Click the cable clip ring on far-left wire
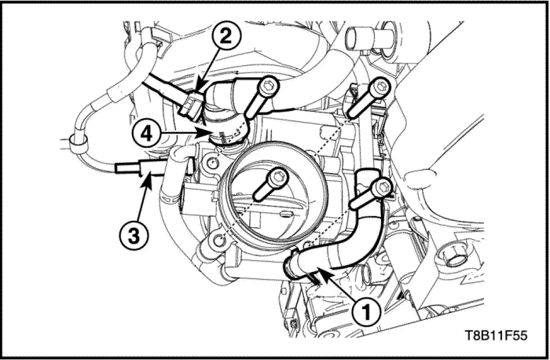pyautogui.click(x=75, y=141)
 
